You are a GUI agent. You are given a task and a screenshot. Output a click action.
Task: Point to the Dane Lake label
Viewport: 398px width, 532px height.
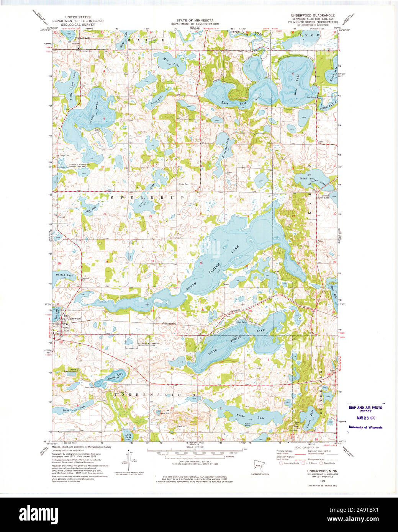[77, 409]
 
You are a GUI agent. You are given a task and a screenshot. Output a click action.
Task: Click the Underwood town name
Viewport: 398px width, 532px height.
[74, 318]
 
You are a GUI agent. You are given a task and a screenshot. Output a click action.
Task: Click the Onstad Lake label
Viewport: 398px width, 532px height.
[64, 276]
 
